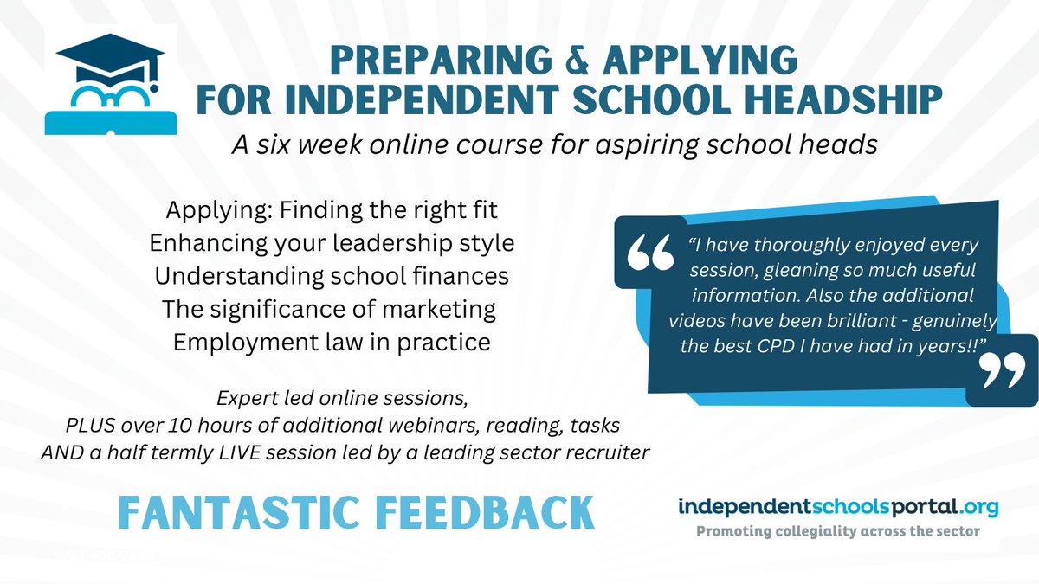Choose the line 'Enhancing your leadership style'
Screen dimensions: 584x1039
(334, 243)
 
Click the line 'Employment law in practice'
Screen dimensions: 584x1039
(332, 342)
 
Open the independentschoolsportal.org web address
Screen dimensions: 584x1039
(838, 507)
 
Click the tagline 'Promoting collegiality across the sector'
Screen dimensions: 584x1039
(838, 530)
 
